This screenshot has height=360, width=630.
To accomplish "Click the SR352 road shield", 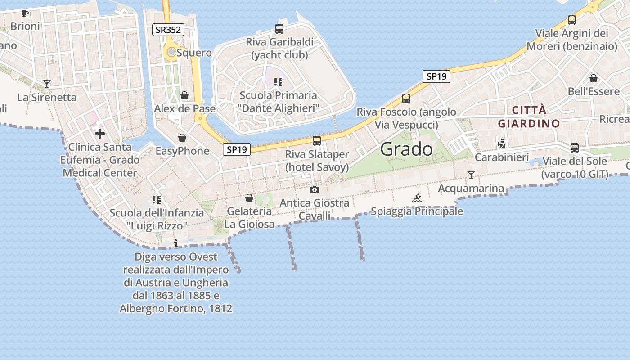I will [168, 30].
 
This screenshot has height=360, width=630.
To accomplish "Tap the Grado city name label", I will [406, 149].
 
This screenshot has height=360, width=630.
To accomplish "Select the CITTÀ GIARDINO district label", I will [529, 117].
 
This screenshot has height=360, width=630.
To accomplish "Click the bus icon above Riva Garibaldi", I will [279, 29].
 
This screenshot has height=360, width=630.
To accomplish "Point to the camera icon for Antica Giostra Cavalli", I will [315, 189].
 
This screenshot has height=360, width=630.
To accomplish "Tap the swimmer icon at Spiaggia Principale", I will [417, 198].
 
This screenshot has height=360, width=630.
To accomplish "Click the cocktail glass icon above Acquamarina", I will [471, 175].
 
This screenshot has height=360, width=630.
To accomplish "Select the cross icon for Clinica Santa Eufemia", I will [100, 133].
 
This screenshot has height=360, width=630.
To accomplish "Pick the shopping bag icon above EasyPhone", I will [182, 137].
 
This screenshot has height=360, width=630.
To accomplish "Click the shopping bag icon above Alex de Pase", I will [184, 95].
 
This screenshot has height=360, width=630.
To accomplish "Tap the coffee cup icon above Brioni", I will [25, 13].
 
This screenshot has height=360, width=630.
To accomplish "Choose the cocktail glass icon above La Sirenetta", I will [47, 84].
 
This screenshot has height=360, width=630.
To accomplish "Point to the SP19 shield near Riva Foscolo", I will [436, 76].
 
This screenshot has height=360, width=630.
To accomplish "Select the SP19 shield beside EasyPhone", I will [237, 150].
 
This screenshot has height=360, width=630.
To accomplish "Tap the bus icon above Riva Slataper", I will [317, 141].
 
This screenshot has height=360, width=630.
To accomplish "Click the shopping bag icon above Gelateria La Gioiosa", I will [249, 198].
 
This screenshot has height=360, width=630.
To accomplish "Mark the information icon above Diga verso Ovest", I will [176, 243].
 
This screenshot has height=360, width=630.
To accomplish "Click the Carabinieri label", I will [502, 157].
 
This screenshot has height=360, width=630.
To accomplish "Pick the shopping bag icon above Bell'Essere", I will [594, 78].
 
